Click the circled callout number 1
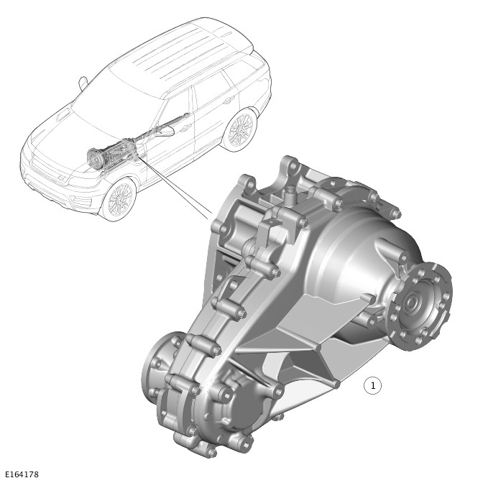pyautogui.click(x=372, y=386)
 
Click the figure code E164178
pyautogui.click(x=21, y=474)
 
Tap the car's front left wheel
pyautogui.click(x=118, y=200)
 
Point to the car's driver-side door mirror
pyautogui.click(x=167, y=132)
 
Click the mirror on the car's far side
pyautogui.click(x=83, y=81)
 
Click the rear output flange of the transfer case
pyautogui.click(x=423, y=300)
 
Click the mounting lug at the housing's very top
pyautogui.click(x=291, y=167)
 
